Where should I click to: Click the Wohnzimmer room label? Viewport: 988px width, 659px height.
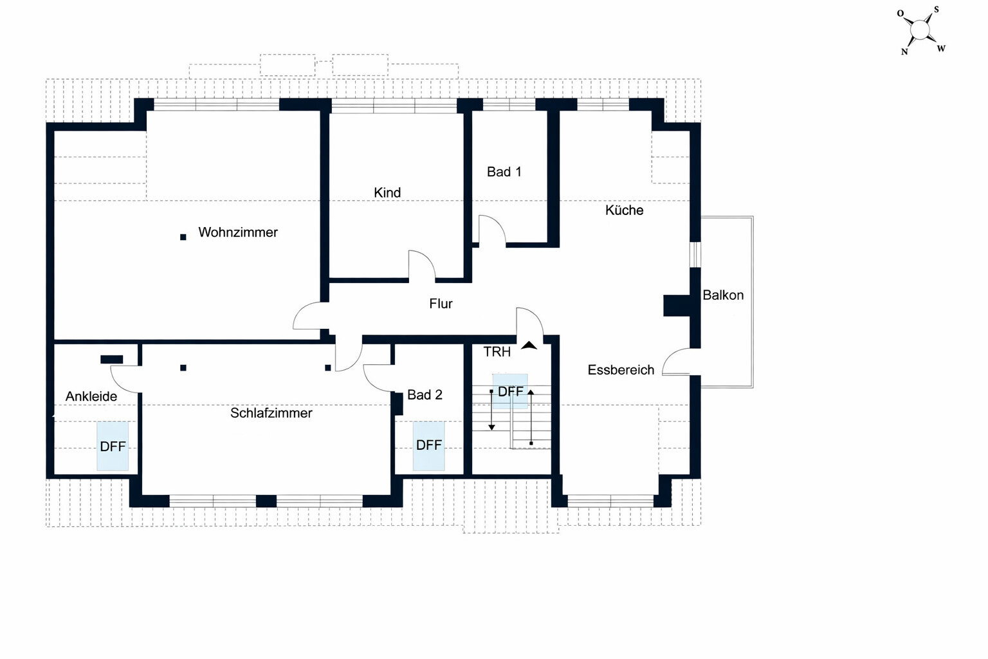pos(238,232)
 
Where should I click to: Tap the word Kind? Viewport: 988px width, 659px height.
pos(387,192)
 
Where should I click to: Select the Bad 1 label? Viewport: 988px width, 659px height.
pos(504,172)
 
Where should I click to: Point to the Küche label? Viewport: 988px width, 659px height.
pos(624,210)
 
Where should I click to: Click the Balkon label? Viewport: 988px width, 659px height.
pos(723,295)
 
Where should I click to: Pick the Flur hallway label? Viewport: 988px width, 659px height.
pos(441,303)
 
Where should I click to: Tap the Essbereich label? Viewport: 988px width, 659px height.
pos(621,370)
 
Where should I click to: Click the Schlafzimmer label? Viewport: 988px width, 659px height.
pos(271,413)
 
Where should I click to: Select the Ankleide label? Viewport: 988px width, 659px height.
pos(91,396)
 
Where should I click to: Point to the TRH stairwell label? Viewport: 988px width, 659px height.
pos(497,352)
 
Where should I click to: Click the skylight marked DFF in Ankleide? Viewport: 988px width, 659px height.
pos(113,446)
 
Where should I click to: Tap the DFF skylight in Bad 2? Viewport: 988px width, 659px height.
pos(429,446)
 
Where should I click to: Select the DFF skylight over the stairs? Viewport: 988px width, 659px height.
pos(510,391)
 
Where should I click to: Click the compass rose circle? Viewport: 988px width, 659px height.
pos(919,30)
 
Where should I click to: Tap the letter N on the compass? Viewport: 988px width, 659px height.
pos(904,51)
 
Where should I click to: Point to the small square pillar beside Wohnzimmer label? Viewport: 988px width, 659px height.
pos(183,237)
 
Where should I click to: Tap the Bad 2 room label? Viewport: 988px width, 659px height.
pos(425,394)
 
